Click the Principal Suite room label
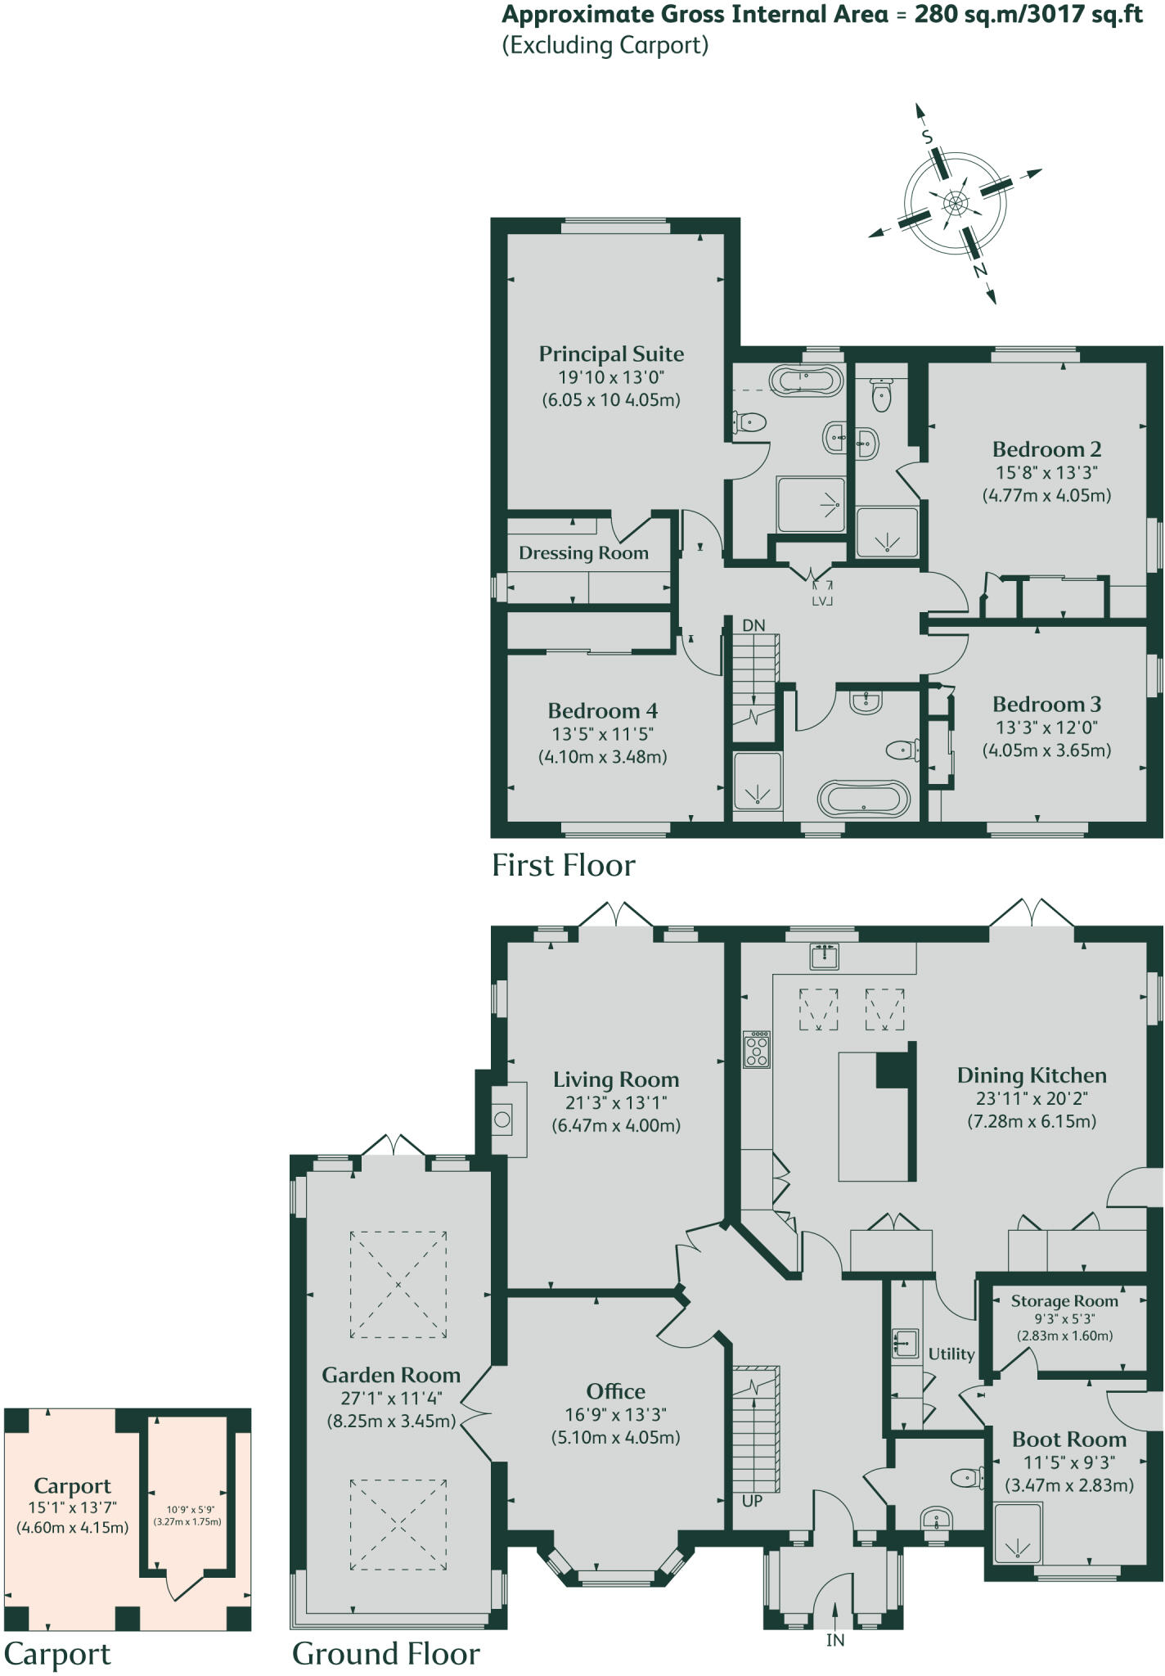click(x=611, y=354)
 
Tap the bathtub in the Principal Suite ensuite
click(x=806, y=381)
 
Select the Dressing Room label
click(x=583, y=553)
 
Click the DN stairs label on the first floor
click(x=753, y=625)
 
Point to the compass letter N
click(x=979, y=270)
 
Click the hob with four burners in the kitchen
click(x=756, y=1049)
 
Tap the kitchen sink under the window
click(x=824, y=955)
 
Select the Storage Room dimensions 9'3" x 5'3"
click(x=1064, y=1318)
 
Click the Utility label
click(x=951, y=1354)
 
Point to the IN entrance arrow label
click(x=835, y=1640)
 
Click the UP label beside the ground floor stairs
click(x=752, y=1501)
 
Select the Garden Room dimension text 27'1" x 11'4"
click(x=391, y=1399)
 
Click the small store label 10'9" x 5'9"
click(x=187, y=1510)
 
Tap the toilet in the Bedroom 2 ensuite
click(x=881, y=395)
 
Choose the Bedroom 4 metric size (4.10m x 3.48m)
click(x=602, y=757)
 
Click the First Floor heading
click(x=563, y=866)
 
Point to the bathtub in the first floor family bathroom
click(x=863, y=798)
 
